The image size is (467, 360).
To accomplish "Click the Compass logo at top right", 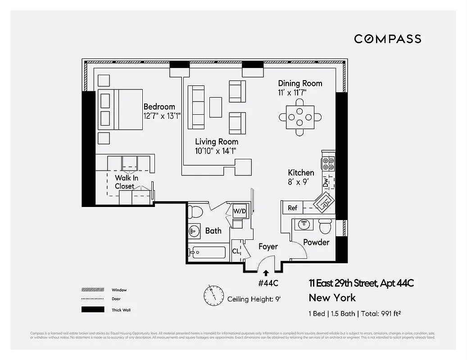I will (x=387, y=39).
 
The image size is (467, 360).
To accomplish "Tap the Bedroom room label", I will (x=159, y=107).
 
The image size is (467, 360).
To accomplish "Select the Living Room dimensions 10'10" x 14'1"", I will (x=217, y=151).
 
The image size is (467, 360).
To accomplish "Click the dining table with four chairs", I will (x=300, y=117).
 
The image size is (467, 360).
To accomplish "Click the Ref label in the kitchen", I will (x=293, y=208).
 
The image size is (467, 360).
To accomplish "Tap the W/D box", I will (x=239, y=211).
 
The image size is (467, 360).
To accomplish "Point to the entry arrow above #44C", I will (x=266, y=272).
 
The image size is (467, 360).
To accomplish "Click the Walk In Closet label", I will (x=126, y=182).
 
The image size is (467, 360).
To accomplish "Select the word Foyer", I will (x=268, y=247).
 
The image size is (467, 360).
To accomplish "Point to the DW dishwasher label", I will (x=326, y=183).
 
